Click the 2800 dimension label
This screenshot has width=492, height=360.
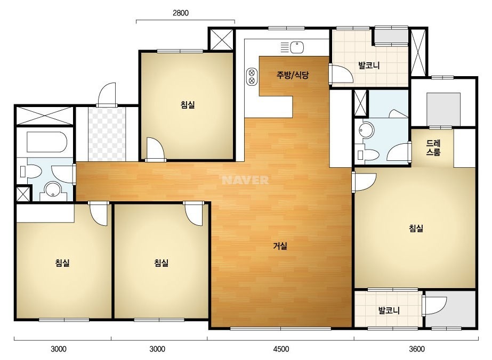pos(180,13)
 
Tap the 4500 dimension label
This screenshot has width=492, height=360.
pos(281,349)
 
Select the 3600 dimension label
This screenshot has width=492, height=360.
pos(417,349)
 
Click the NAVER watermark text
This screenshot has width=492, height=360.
pos(245,180)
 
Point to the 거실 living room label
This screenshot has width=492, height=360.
pos(280,246)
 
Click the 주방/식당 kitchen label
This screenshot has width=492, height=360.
pos(293,75)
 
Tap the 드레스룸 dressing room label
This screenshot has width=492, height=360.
pos(433,148)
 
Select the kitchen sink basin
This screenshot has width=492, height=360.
pos(296,48)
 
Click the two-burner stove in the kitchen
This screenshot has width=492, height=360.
pos(252,77)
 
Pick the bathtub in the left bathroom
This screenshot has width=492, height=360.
pos(47,142)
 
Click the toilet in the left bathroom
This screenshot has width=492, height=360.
pos(30,171)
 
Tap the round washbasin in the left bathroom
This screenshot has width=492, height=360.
pos(53,190)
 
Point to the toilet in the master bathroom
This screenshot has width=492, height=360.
pos(368,155)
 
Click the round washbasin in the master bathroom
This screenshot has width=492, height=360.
pos(366,130)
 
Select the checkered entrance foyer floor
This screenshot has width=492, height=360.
pos(107,134)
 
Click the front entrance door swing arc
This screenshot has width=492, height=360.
pos(107,93)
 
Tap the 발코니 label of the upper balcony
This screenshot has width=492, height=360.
pos(369,66)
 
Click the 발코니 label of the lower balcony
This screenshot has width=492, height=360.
pos(389,311)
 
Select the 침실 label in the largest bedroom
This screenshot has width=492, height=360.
pos(416,228)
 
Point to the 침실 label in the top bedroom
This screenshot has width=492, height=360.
pos(188,105)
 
